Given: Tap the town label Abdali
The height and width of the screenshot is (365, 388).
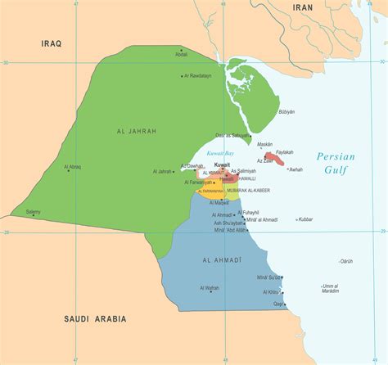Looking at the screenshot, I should [182, 54].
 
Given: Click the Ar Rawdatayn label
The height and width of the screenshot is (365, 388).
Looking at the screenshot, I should [196, 75].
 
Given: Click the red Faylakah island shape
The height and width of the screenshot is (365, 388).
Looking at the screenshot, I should [273, 158].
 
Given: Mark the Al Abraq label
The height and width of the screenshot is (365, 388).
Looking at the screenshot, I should [73, 167].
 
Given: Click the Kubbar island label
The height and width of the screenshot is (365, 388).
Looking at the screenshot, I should [305, 219].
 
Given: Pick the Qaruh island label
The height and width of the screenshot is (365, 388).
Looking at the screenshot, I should [346, 261].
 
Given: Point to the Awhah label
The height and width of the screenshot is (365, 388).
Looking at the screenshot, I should [296, 169].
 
